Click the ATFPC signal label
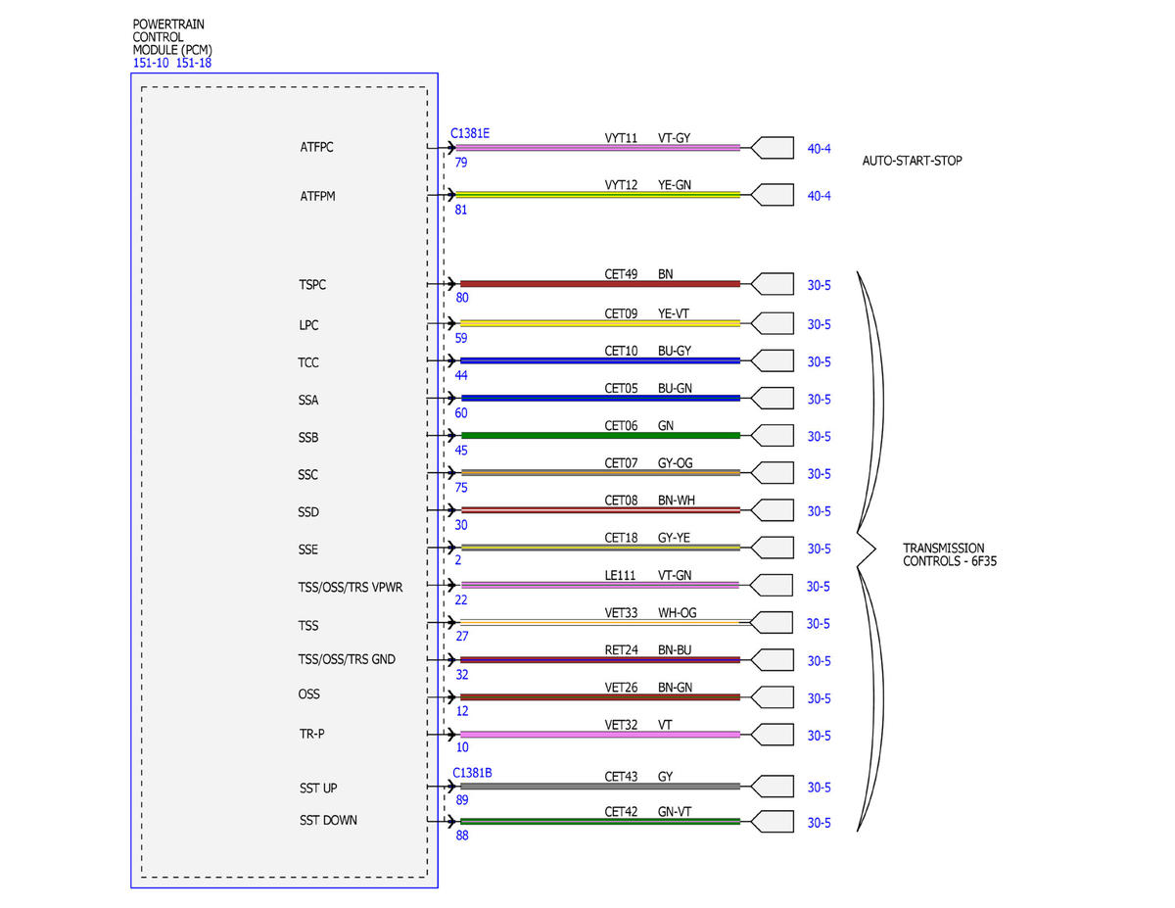(316, 147)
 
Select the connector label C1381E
(469, 133)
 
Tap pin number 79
(461, 163)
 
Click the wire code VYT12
(621, 185)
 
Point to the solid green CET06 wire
(600, 435)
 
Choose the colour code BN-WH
(676, 501)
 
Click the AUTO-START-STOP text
(912, 161)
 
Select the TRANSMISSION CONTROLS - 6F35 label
(950, 554)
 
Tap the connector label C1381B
(472, 773)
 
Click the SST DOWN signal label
(328, 821)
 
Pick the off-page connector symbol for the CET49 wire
(773, 284)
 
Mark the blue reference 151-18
(194, 63)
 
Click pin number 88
(462, 836)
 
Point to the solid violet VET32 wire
(600, 735)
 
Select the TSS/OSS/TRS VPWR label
(350, 588)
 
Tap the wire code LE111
(620, 575)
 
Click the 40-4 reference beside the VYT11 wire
(819, 149)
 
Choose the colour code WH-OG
(677, 613)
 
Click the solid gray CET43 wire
(600, 787)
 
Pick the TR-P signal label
(312, 734)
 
